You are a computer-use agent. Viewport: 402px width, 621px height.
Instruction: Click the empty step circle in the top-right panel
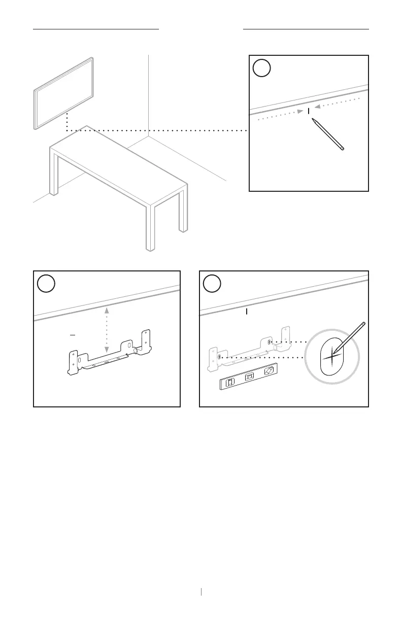(x=261, y=68)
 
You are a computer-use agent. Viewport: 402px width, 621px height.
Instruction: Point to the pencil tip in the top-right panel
(x=313, y=120)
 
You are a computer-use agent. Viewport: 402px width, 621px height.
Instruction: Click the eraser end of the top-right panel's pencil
(x=342, y=149)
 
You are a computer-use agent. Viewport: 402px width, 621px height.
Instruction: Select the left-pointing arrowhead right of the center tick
(x=317, y=107)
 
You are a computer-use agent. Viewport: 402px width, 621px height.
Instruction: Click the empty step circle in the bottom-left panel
(x=46, y=284)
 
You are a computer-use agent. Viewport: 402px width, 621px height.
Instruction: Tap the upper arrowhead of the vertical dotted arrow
(x=106, y=309)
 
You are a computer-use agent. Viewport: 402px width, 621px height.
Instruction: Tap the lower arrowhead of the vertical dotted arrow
(x=106, y=350)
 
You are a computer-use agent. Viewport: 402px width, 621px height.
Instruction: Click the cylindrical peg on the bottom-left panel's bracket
(x=136, y=350)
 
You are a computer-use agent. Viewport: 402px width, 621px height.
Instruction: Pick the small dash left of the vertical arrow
(x=72, y=335)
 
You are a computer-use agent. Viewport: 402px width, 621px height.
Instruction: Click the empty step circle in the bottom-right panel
(x=212, y=284)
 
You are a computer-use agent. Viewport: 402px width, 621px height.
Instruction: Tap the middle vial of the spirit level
(x=249, y=377)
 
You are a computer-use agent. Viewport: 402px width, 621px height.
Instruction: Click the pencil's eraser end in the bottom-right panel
(x=363, y=323)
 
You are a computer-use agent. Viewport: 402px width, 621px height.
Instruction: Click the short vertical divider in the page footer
(x=202, y=591)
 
